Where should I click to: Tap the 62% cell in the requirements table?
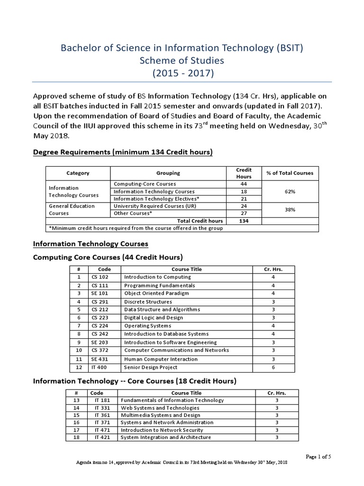click(x=290, y=191)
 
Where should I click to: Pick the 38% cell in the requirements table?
click(x=290, y=210)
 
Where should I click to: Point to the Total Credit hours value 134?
click(x=244, y=221)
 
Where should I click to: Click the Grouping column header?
click(x=168, y=173)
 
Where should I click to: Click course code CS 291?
click(x=100, y=301)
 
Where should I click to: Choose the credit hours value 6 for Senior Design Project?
click(x=273, y=367)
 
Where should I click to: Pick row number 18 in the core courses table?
click(x=76, y=437)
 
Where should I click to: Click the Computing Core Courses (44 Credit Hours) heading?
click(x=107, y=258)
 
